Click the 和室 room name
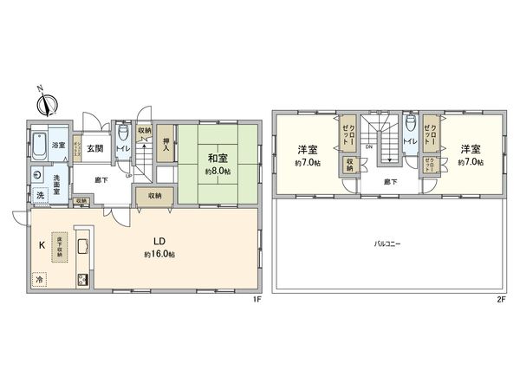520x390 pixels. click(x=218, y=158)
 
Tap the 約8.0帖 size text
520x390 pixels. click(x=218, y=172)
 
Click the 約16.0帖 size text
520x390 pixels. click(x=160, y=255)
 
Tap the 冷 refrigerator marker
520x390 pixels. click(x=39, y=280)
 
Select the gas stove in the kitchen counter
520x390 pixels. click(x=84, y=280)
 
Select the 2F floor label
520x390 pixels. click(x=500, y=300)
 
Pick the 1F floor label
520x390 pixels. click(x=257, y=300)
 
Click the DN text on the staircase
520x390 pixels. click(x=369, y=147)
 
